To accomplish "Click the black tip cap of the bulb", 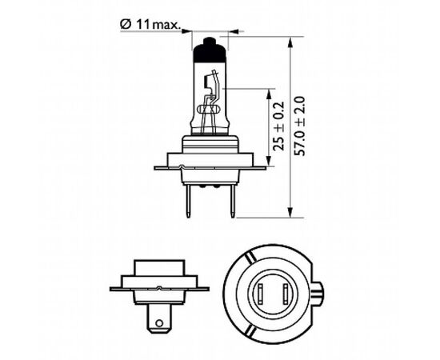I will pyautogui.click(x=210, y=47).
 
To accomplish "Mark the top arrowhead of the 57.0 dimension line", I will pyautogui.click(x=287, y=38).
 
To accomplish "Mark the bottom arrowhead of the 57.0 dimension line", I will pyautogui.click(x=287, y=214).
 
